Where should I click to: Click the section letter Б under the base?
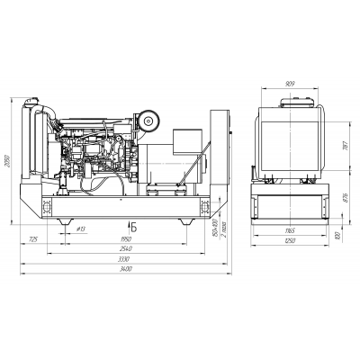(133, 224)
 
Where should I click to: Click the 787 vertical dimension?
(346, 146)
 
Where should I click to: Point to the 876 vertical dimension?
(346, 198)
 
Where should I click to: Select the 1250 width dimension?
(288, 242)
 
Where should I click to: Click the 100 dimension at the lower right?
(336, 236)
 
